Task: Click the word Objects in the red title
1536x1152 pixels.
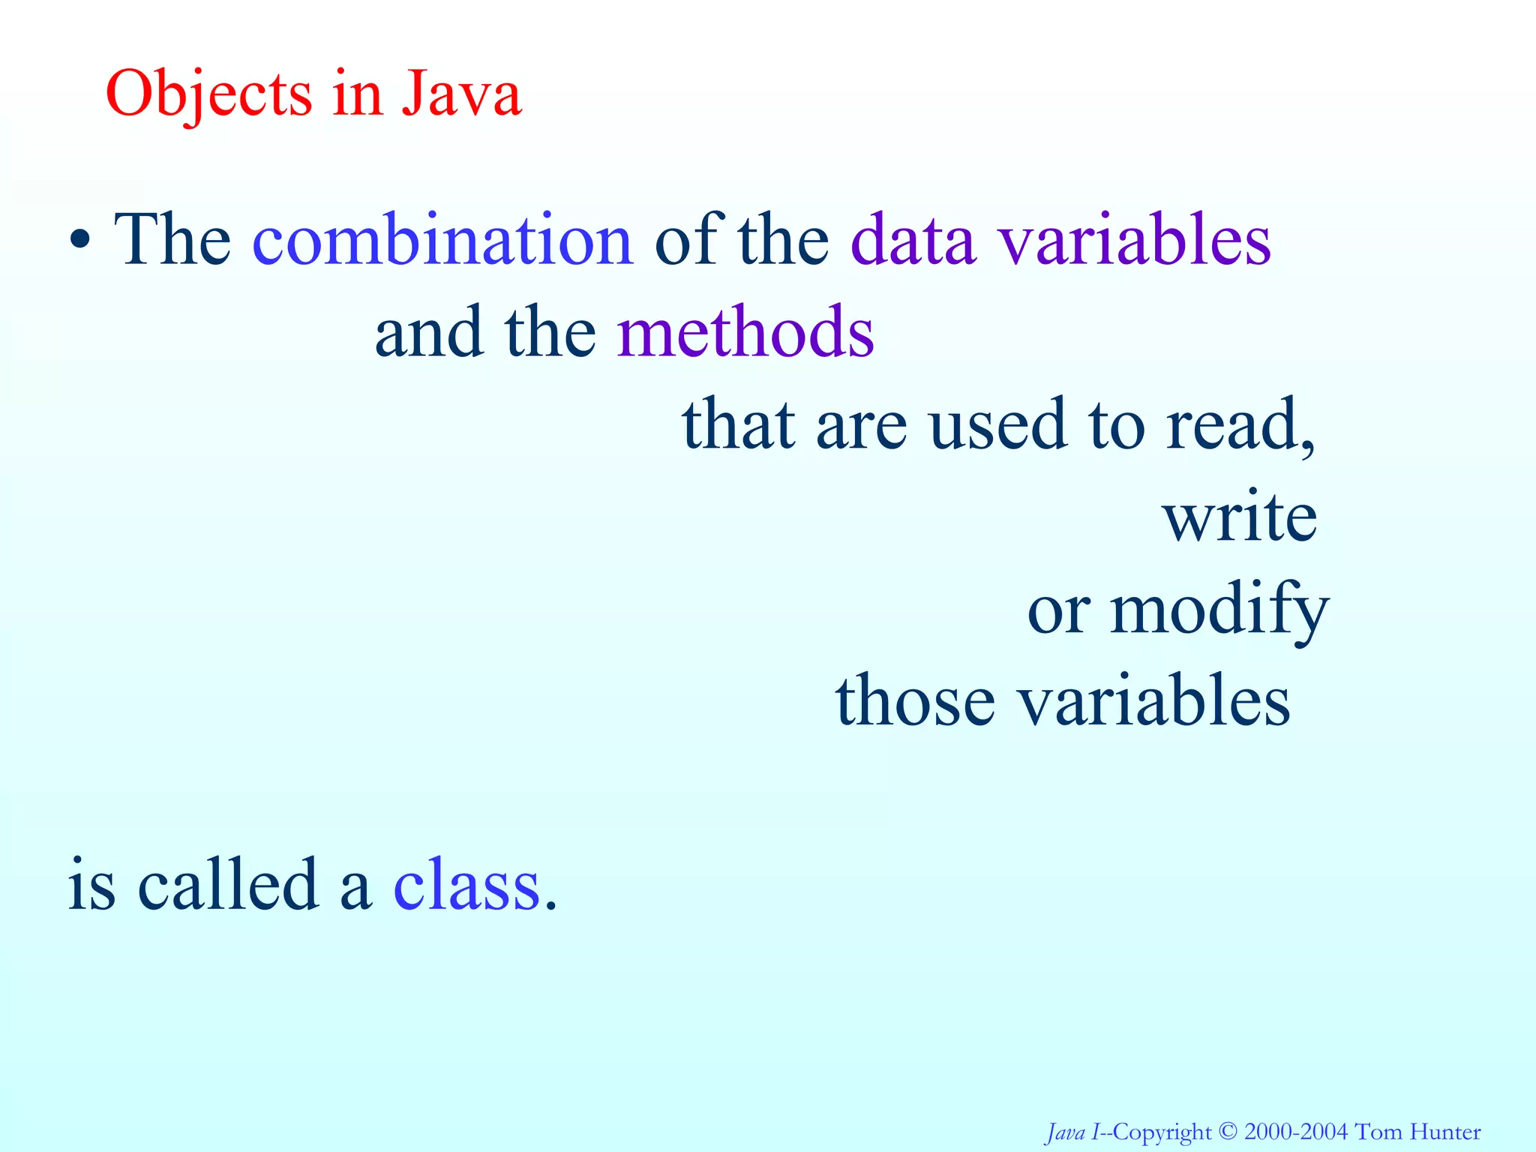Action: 208,95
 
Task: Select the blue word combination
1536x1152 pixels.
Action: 443,239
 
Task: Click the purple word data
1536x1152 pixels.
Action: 913,240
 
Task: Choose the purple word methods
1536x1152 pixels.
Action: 745,331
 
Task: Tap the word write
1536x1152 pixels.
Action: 1240,517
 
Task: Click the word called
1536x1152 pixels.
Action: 228,885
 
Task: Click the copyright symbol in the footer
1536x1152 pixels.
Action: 1227,1131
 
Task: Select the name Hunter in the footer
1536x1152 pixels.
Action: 1445,1132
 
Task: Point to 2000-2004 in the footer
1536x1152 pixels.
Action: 1295,1132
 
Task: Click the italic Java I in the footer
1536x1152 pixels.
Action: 1072,1132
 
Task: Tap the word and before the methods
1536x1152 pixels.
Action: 428,331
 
